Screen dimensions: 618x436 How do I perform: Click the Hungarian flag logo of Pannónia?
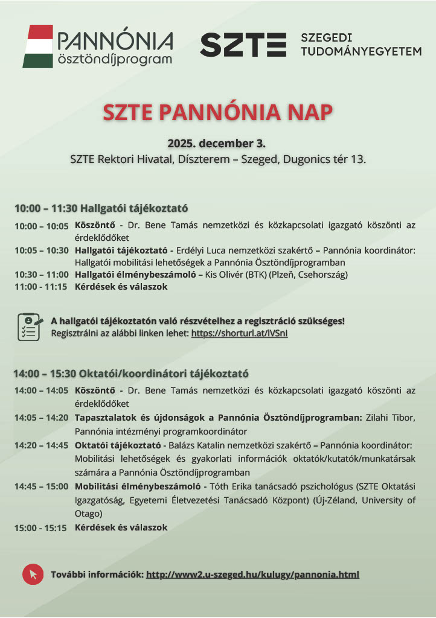point(37,46)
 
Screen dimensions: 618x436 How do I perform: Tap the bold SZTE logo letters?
point(243,45)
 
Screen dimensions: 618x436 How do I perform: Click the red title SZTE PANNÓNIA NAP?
point(217,112)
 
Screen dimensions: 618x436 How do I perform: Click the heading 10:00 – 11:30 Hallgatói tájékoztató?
point(101,208)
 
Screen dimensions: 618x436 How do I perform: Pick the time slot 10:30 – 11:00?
point(42,275)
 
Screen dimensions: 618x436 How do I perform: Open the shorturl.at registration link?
point(239,333)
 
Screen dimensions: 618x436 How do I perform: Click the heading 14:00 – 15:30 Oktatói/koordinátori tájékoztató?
point(131,374)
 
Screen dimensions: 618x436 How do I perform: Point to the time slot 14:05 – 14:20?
point(42,417)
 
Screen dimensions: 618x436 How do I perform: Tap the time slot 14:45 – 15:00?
point(42,486)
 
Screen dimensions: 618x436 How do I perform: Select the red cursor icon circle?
point(33,574)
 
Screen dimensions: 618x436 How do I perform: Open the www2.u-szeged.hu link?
point(252,574)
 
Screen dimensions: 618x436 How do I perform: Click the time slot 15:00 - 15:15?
point(41,527)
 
